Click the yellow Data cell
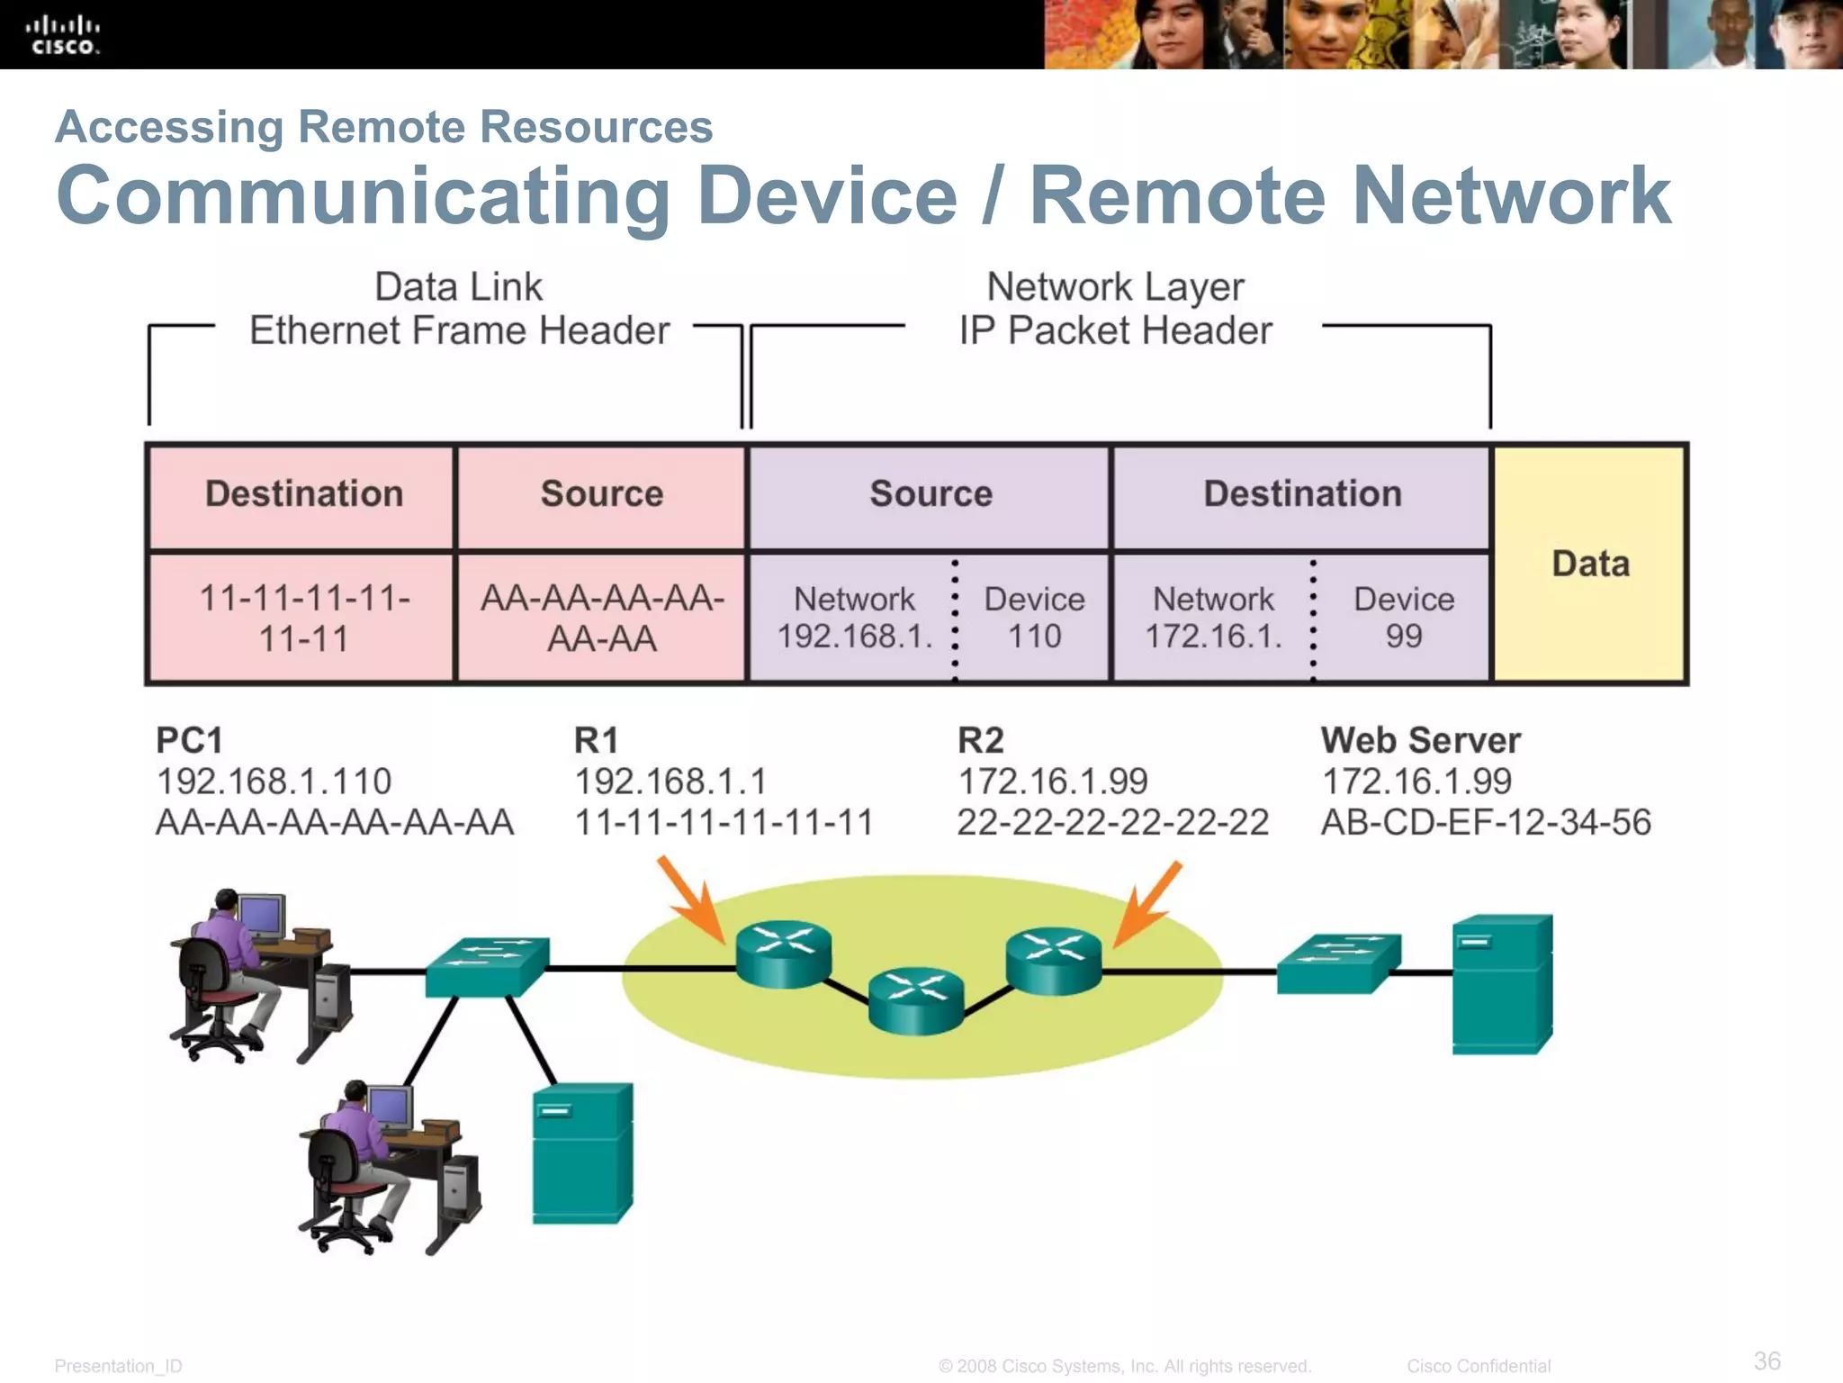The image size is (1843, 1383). [x=1590, y=565]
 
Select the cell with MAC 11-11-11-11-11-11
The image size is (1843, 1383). [x=303, y=618]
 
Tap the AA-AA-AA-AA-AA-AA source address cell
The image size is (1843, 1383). [x=602, y=618]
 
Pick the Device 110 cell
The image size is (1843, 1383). [x=1034, y=618]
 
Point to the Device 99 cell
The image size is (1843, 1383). [x=1403, y=618]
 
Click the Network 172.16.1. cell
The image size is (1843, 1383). [x=1212, y=618]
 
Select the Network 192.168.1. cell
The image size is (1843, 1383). [x=853, y=618]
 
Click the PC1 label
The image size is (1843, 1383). [x=189, y=740]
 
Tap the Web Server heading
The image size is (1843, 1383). [x=1420, y=740]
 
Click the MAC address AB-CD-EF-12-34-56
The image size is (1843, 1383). [x=1485, y=822]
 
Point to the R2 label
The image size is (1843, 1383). [x=980, y=740]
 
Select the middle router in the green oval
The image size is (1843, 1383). [x=916, y=999]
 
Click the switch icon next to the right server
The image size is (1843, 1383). [x=1338, y=963]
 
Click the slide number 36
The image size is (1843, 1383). [x=1767, y=1360]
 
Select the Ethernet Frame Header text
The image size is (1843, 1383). [x=459, y=330]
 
